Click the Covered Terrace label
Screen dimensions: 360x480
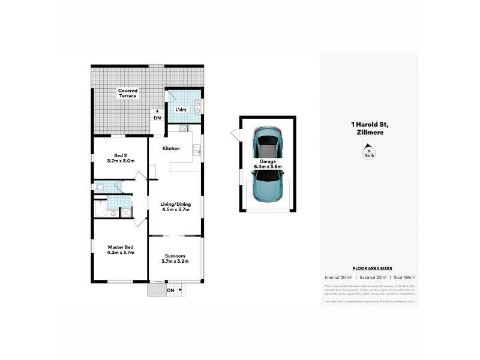[127, 93]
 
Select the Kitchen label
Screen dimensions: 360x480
[171, 148]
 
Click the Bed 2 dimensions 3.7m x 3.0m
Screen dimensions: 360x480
[121, 160]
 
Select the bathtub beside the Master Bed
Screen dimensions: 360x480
[100, 210]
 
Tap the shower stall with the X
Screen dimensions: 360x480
[126, 211]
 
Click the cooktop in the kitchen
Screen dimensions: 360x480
[184, 128]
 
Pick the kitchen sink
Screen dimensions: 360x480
[196, 150]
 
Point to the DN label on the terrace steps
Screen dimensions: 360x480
[157, 118]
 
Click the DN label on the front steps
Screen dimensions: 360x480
[170, 291]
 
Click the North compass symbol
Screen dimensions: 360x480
[369, 154]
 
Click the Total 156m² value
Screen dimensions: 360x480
[404, 277]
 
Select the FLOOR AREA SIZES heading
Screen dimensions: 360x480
[368, 268]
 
